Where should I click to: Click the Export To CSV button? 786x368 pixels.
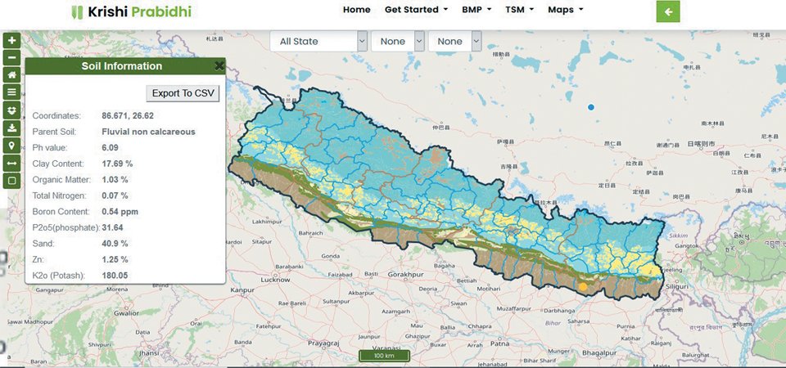(183, 93)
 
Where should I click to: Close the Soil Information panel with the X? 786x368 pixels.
(219, 66)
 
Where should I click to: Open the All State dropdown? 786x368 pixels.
(318, 41)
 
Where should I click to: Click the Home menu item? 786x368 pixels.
(356, 10)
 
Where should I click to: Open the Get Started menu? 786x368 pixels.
(416, 10)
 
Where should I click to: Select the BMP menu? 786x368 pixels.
(477, 10)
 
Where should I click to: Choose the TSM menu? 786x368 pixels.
(519, 10)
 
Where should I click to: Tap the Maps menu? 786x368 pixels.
(565, 10)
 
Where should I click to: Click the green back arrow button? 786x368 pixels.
(668, 11)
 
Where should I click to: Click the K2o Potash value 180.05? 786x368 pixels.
(115, 276)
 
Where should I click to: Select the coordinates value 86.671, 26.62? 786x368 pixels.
(128, 115)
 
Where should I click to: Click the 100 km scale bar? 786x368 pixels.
(384, 356)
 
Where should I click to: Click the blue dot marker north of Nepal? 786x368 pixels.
(591, 107)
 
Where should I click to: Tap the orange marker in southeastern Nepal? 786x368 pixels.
(582, 287)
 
